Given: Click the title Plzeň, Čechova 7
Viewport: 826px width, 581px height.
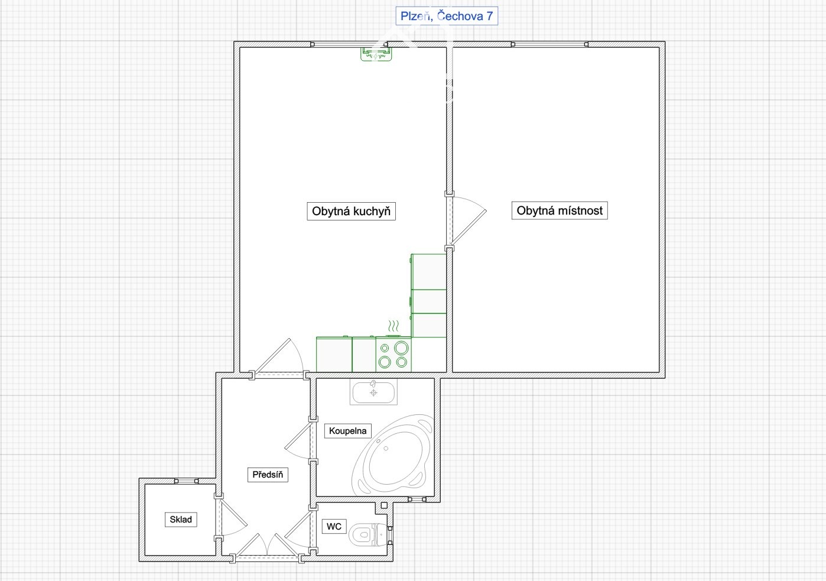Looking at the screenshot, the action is click(447, 16).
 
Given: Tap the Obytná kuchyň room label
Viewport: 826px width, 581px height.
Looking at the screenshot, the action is click(351, 211).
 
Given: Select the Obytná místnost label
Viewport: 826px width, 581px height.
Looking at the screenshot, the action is click(560, 210).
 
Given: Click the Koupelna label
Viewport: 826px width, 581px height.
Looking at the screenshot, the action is click(348, 430).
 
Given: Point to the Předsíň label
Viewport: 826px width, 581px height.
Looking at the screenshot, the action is click(268, 475).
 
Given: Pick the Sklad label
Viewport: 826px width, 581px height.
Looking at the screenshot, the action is click(181, 520).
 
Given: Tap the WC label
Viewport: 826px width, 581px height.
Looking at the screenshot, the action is click(334, 527).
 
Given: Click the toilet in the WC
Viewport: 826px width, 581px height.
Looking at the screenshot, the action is click(368, 534).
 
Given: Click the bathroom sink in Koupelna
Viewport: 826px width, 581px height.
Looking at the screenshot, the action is click(373, 392).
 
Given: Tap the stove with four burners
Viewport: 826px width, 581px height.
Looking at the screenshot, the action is click(394, 354).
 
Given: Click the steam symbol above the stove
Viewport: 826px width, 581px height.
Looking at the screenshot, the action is click(394, 326).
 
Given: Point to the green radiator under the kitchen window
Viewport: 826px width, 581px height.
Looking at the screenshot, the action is click(376, 54).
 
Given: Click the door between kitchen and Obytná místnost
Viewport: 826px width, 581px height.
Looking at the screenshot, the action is click(466, 221).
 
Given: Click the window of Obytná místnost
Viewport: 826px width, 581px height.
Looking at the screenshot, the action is click(549, 44).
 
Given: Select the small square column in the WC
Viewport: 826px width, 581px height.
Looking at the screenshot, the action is click(384, 505).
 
